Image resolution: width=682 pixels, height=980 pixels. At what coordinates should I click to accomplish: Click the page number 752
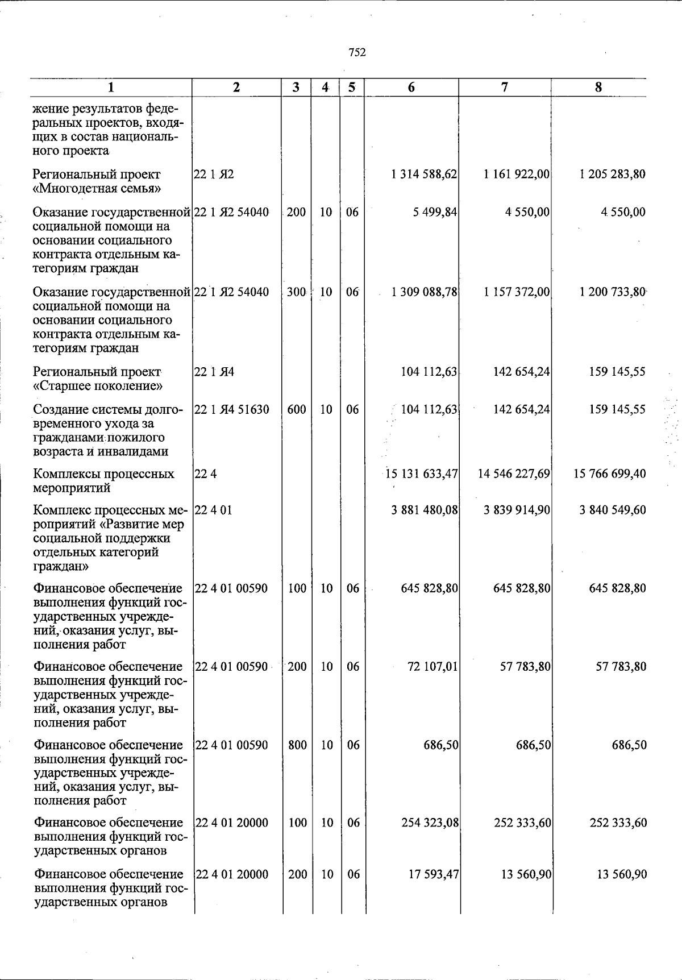click(357, 53)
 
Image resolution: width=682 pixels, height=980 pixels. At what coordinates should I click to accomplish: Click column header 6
click(411, 88)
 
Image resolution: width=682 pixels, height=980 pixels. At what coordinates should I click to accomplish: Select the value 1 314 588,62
click(424, 175)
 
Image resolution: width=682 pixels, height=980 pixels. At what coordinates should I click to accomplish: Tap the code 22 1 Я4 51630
click(232, 409)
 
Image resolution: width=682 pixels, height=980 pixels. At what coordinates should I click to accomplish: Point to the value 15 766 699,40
click(609, 474)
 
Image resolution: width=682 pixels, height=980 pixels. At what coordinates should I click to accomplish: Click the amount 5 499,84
click(435, 212)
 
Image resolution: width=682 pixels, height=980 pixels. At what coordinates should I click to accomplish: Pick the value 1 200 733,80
click(613, 292)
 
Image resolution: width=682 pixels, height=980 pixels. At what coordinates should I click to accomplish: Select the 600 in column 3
click(297, 409)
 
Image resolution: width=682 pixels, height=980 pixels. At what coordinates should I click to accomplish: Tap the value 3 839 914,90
click(516, 510)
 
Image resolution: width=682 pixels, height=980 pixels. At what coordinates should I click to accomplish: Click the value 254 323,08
click(430, 823)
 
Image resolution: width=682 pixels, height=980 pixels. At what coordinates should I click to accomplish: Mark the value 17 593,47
click(434, 874)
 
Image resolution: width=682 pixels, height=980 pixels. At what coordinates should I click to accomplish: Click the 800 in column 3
click(297, 745)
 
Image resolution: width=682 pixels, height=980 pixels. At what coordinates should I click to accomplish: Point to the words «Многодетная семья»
click(97, 188)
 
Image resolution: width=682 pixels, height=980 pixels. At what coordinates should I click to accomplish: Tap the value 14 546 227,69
click(514, 474)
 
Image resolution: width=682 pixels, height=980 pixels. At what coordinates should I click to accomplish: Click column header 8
click(598, 88)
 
